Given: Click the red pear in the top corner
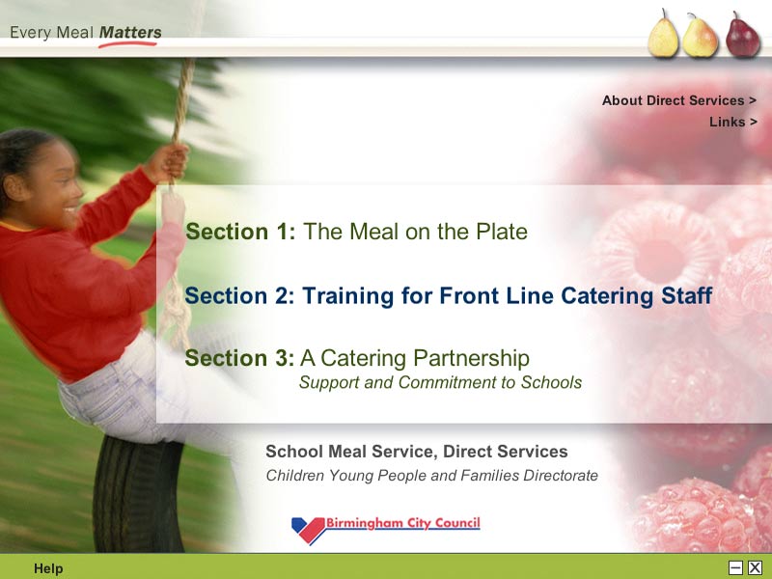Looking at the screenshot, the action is pyautogui.click(x=742, y=35).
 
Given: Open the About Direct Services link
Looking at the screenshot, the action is pyautogui.click(x=679, y=100).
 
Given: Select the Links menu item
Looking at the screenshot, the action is pyautogui.click(x=733, y=122).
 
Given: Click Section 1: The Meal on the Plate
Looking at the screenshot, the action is pyautogui.click(x=356, y=232).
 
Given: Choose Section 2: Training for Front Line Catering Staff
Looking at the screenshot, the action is pyautogui.click(x=449, y=296).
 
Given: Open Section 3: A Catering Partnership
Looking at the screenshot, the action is pyautogui.click(x=357, y=358).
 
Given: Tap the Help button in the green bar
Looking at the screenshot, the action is pyautogui.click(x=48, y=568).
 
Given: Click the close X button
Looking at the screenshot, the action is pyautogui.click(x=755, y=567).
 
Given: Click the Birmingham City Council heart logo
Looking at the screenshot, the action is pyautogui.click(x=308, y=530).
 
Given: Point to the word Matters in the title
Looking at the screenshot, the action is pyautogui.click(x=130, y=33).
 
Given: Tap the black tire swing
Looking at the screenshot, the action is pyautogui.click(x=138, y=493).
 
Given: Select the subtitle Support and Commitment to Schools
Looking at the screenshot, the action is pyautogui.click(x=441, y=382).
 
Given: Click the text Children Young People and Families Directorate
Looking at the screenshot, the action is pyautogui.click(x=431, y=476).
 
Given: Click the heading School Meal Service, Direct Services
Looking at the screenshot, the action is pyautogui.click(x=417, y=452).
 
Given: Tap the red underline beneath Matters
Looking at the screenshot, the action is pyautogui.click(x=127, y=44).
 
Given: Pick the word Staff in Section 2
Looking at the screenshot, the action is pyautogui.click(x=687, y=296).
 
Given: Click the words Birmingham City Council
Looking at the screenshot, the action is pyautogui.click(x=402, y=523).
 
